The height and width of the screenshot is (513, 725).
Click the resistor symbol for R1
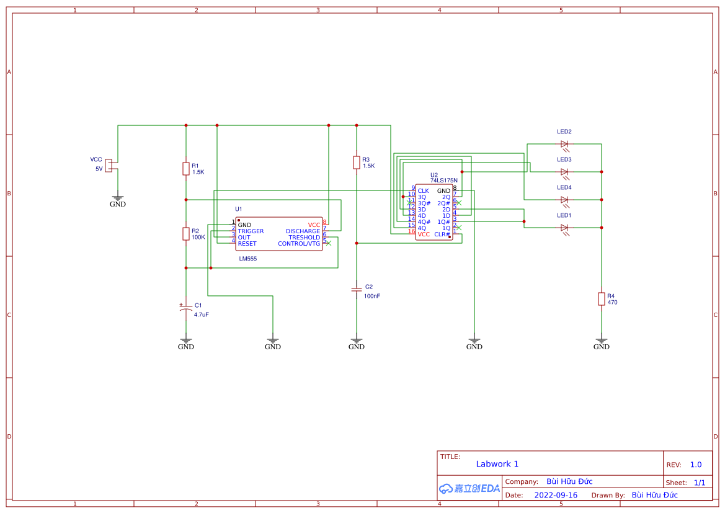(x=185, y=169)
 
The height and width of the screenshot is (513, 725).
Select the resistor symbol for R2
(x=185, y=234)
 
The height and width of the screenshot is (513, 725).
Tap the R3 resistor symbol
(x=357, y=163)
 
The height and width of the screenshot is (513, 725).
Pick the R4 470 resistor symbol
(x=601, y=299)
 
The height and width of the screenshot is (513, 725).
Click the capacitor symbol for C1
(x=185, y=308)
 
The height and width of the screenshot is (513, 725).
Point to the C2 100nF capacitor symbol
(x=357, y=290)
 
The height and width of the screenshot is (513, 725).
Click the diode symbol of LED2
(x=564, y=144)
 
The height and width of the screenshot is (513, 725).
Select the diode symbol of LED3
(x=564, y=172)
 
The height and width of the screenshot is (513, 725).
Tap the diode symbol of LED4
(x=564, y=200)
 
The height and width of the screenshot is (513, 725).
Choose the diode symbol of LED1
(x=564, y=228)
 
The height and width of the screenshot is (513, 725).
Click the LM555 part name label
(x=248, y=259)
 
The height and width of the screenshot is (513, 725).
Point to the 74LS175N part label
(x=443, y=181)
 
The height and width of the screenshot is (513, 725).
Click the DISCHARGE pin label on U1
(x=303, y=231)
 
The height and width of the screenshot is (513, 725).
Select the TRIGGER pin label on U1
(x=251, y=231)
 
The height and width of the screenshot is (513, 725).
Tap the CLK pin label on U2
(x=423, y=191)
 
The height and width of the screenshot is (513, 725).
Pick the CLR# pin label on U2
(x=442, y=234)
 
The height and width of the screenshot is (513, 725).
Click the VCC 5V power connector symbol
(x=109, y=165)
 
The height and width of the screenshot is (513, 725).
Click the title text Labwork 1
(x=497, y=464)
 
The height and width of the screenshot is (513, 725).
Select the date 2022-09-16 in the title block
(x=556, y=495)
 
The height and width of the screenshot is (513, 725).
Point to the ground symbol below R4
(x=601, y=341)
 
